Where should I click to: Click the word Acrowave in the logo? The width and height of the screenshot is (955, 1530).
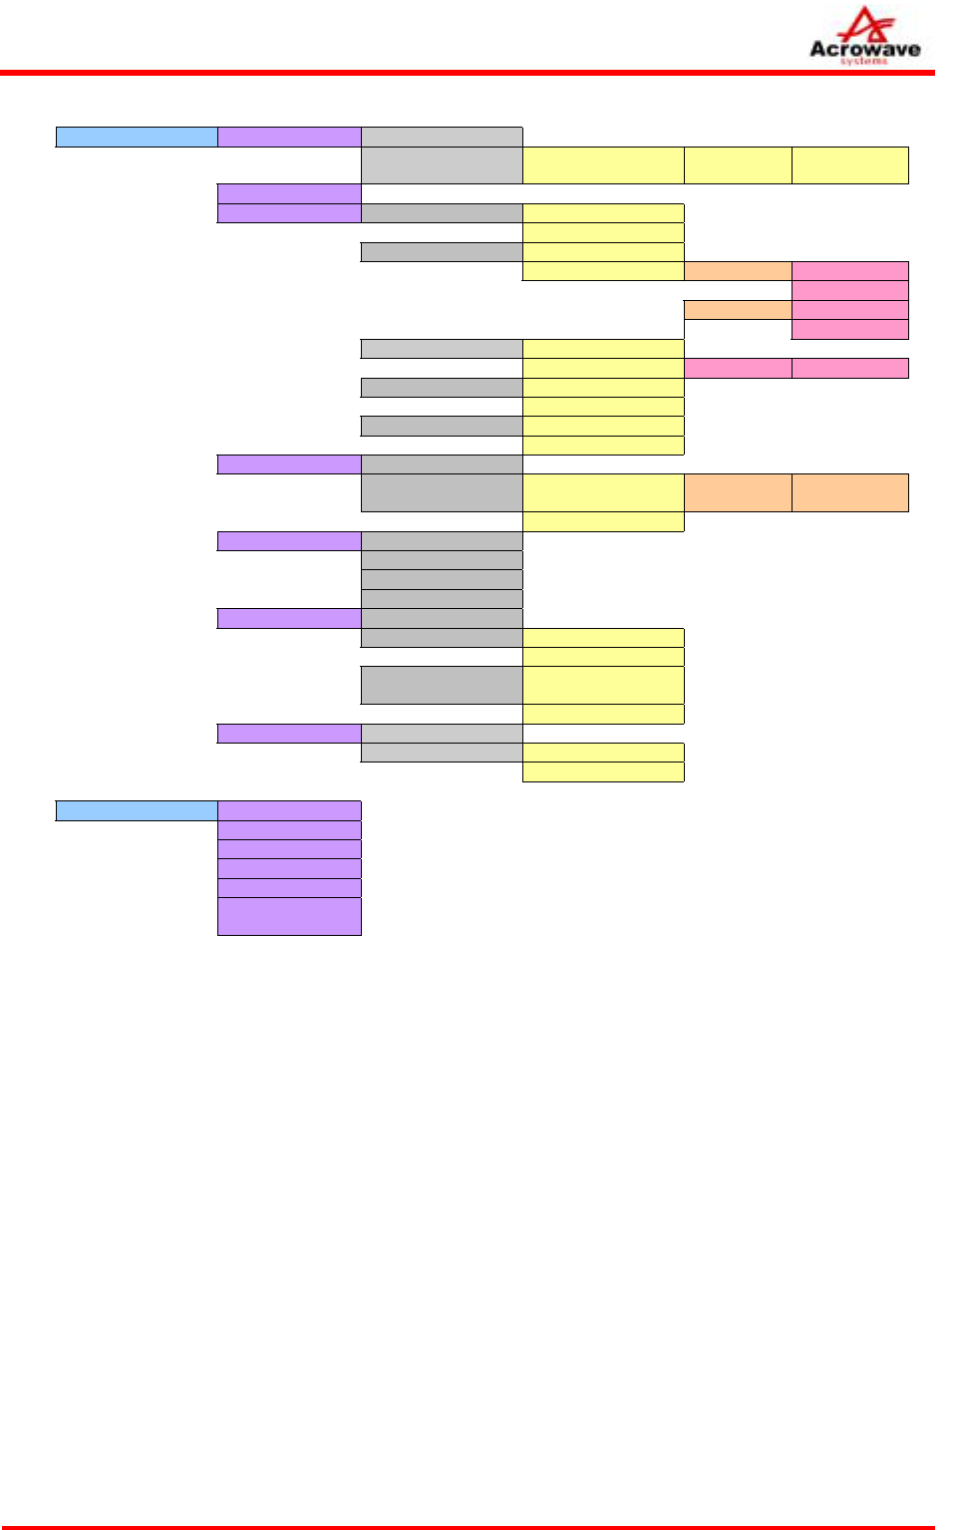864,49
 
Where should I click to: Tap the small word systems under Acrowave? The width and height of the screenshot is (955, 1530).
863,62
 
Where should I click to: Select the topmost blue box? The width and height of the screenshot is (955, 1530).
137,138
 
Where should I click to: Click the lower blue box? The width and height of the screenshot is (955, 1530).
137,810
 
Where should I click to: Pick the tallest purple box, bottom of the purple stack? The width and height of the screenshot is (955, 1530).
289,916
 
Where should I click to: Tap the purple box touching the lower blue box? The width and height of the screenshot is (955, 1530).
289,810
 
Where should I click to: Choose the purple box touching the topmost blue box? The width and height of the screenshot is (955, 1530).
289,138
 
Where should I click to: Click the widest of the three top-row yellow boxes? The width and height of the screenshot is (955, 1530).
603,165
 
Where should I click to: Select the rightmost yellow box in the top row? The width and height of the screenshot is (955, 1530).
850,165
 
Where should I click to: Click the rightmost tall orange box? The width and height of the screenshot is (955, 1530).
850,492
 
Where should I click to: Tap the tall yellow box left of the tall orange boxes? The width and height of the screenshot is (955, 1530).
603,492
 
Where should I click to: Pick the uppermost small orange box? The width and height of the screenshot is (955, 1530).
738,271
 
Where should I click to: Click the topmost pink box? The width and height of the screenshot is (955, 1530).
850,271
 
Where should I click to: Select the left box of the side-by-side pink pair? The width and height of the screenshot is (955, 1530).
738,368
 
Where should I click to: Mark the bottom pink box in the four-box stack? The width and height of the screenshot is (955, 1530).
850,329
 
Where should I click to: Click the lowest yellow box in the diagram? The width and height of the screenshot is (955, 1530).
603,771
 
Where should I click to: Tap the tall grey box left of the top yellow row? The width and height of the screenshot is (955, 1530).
442,165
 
